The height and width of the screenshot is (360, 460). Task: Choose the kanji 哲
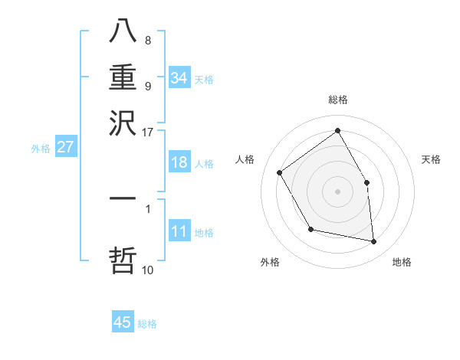point(123,259)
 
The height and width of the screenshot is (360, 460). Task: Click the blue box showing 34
point(179,77)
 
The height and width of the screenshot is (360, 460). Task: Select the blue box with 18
point(179,162)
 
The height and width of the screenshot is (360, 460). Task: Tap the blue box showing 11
point(179,231)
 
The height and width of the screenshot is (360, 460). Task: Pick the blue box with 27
point(65,147)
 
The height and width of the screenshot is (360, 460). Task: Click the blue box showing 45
point(123,322)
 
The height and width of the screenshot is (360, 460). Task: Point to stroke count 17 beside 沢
point(147,132)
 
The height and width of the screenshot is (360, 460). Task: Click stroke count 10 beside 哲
point(147,270)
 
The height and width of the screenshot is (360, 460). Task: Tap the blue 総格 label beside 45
point(147,323)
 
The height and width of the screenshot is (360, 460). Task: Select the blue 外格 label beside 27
point(41,149)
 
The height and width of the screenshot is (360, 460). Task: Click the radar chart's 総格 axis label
point(337,100)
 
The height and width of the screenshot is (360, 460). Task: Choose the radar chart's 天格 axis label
point(431,159)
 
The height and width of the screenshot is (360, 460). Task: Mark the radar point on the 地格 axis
point(373,241)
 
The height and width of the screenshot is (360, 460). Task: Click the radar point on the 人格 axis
point(280,172)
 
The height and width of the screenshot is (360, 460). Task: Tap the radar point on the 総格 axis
point(337,131)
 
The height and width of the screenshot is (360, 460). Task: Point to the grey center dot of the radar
point(337,191)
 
